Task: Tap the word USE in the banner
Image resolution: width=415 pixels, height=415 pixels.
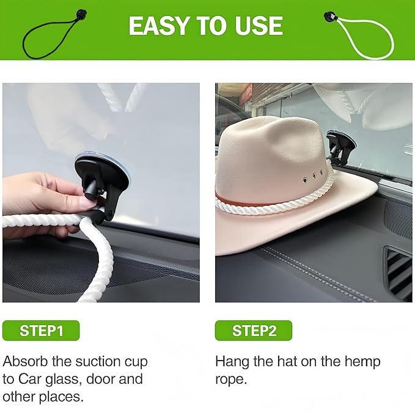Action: pos(259,26)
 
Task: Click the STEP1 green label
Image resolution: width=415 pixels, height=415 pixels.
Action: pos(41,331)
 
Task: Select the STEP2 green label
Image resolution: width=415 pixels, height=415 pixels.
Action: pos(254,331)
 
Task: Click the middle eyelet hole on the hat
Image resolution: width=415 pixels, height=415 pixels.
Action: pos(314,176)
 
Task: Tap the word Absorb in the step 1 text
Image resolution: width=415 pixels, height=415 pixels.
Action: pos(26,361)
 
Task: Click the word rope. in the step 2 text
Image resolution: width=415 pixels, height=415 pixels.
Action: pos(231,380)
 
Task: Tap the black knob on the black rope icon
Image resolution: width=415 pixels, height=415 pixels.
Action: pos(81,14)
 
